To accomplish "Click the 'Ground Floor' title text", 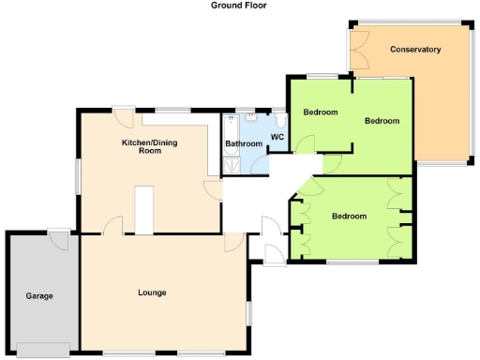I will point(239,6).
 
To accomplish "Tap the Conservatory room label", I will point(415,49).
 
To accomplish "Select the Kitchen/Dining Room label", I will point(150,145).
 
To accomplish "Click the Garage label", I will point(39,295).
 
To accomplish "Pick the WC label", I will point(277,137).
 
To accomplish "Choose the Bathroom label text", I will point(244,143).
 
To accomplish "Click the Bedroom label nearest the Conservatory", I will point(382,121).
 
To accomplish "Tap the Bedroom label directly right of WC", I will point(320,112).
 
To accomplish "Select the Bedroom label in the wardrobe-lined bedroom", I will point(349,216).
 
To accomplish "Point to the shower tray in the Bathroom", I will point(231,165).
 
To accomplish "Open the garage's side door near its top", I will point(60,239).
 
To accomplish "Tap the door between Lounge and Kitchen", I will point(112,225).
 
